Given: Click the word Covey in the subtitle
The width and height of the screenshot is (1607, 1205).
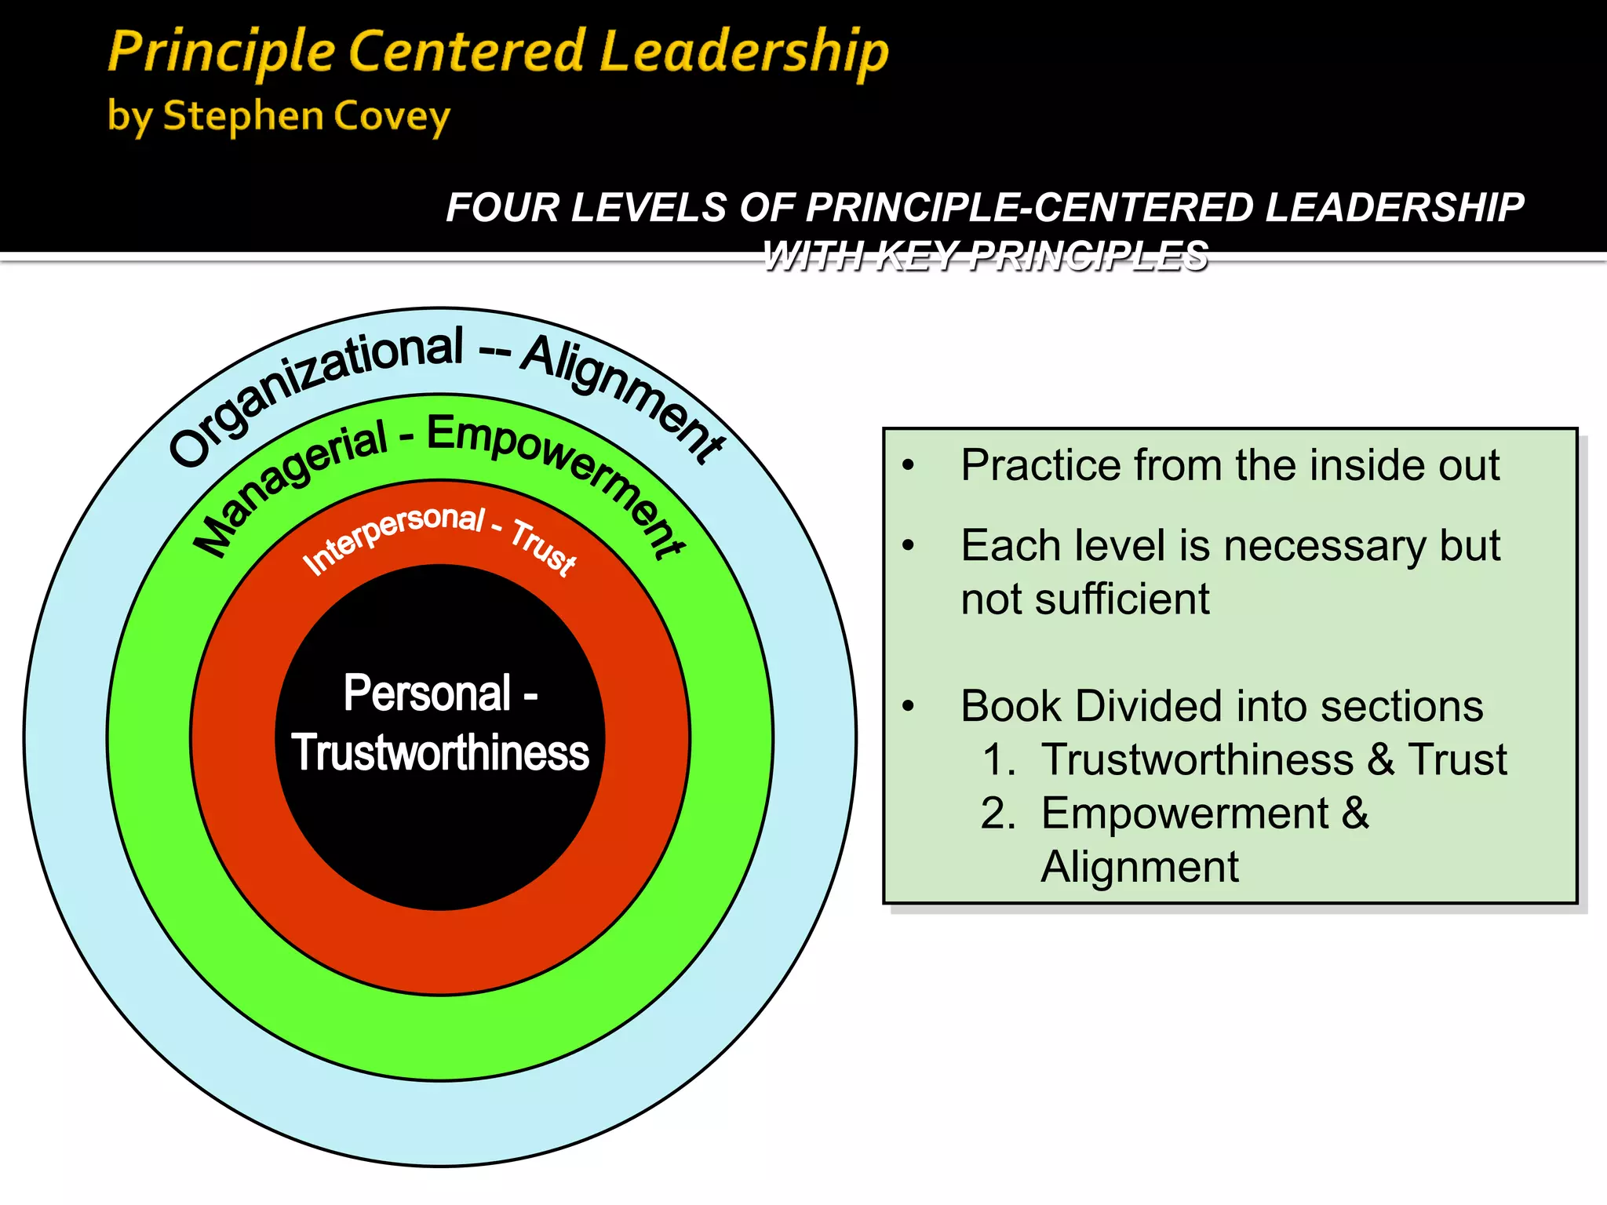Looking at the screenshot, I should point(392,117).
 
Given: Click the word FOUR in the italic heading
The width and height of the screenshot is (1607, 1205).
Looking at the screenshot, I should point(502,208).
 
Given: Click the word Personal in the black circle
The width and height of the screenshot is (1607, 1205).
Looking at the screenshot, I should point(428,694).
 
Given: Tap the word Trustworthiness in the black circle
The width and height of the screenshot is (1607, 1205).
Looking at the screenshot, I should point(440,753).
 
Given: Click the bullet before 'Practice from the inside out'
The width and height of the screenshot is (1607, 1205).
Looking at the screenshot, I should point(909,466).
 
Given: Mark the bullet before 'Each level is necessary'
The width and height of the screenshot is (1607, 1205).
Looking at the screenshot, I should point(909,546).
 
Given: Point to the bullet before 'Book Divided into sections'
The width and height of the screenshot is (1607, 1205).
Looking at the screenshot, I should point(909,707).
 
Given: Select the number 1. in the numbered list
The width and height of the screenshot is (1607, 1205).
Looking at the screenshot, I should point(999,760).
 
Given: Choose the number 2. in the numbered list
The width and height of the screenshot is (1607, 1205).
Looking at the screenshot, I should point(999,814).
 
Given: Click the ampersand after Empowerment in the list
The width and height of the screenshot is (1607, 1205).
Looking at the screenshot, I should point(1355,814).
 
